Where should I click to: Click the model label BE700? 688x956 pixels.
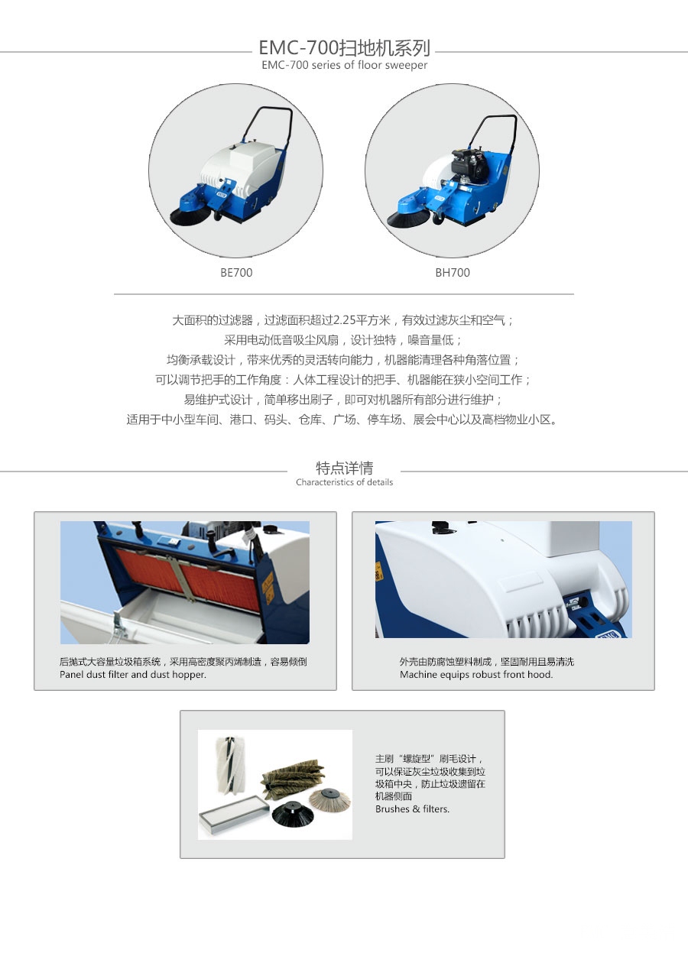coord(236,272)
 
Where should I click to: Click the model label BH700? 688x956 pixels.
coord(453,272)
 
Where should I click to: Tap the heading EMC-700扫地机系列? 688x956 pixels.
coord(344,48)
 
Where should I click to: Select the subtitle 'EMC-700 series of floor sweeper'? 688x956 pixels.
coord(344,65)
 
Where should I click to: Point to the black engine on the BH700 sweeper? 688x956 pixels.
coord(470,165)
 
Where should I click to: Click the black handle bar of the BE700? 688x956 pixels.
coord(269,125)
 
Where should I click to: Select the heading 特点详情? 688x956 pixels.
coord(344,468)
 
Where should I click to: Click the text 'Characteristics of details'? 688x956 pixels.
coord(344,482)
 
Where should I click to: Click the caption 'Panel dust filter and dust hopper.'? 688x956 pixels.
coord(133,674)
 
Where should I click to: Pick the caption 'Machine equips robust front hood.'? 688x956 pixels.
coord(476,674)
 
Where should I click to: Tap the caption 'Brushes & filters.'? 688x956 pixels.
coord(412,809)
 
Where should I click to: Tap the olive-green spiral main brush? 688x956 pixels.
coord(292,778)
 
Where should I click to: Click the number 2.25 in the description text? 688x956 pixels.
coord(344,320)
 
